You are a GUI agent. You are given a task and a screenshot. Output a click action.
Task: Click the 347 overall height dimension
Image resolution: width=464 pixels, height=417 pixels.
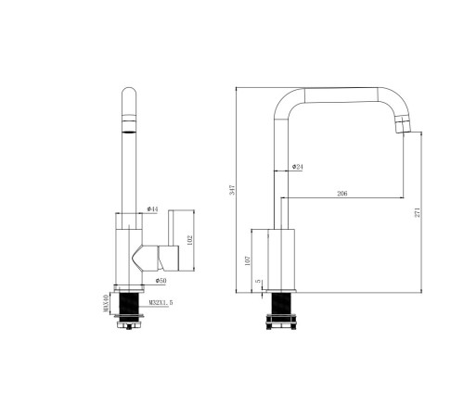(x=233, y=190)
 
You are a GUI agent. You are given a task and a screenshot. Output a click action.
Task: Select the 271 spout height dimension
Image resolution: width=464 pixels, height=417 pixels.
(x=418, y=212)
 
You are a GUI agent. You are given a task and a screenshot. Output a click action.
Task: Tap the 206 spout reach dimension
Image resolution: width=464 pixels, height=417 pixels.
(x=342, y=194)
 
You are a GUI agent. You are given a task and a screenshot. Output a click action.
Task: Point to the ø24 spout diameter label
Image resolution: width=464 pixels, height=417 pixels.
(x=298, y=167)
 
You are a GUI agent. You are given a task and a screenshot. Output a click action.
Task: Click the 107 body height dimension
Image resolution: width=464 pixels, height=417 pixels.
(x=247, y=260)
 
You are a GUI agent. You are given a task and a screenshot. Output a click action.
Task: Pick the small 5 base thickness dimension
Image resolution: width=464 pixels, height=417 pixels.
(x=258, y=281)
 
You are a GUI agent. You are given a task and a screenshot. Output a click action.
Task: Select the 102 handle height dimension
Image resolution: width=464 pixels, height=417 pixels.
(x=190, y=240)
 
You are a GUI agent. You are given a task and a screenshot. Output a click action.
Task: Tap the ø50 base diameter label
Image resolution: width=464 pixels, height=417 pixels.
(x=161, y=281)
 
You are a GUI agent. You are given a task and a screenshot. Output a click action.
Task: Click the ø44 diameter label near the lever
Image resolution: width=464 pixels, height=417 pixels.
(x=152, y=209)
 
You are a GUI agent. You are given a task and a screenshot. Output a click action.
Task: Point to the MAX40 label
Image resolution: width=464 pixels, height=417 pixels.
(x=106, y=303)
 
